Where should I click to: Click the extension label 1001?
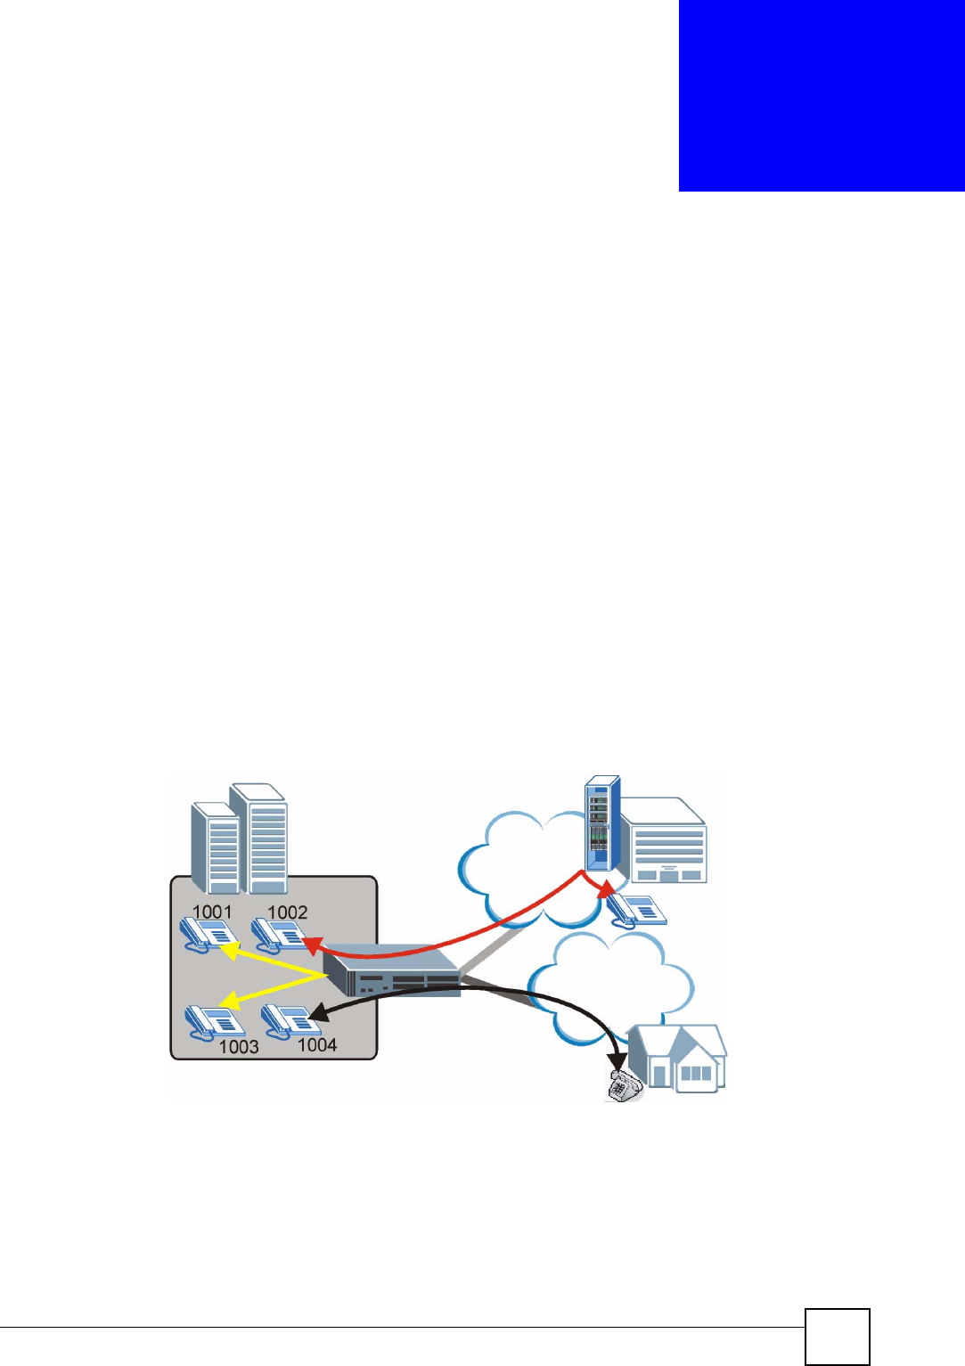(212, 912)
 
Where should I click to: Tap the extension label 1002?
(287, 912)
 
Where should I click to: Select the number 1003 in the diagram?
(239, 1046)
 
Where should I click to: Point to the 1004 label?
(317, 1044)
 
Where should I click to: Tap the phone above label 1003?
(213, 1021)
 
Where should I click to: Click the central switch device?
(393, 970)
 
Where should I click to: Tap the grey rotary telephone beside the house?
(625, 1086)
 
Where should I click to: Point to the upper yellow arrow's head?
(228, 951)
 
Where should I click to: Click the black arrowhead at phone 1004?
(316, 1014)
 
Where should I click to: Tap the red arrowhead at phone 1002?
(311, 943)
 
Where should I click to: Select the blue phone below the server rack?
(636, 910)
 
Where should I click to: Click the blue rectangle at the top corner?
(822, 95)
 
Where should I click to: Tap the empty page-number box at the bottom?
(837, 1336)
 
